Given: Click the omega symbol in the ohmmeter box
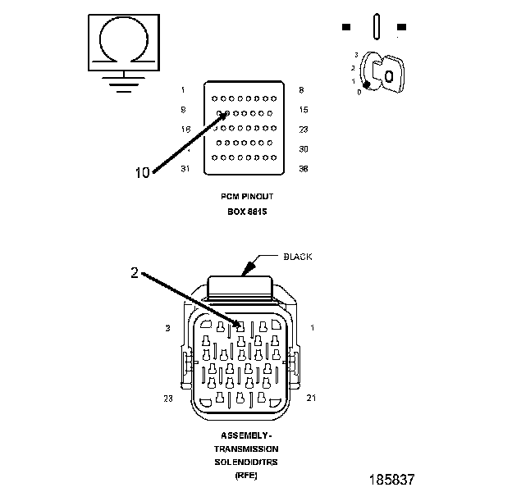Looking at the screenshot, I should tap(122, 41).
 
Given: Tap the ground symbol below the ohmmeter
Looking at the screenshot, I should tap(123, 82).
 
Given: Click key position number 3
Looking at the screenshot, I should tap(356, 54).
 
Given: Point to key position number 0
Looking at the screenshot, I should tap(359, 92).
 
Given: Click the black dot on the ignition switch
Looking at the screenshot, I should tap(368, 84).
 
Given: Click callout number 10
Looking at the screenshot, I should tap(143, 172).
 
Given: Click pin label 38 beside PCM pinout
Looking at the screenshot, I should tap(303, 169).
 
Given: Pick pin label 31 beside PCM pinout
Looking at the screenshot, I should tap(185, 169).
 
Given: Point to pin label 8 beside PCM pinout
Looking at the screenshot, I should tap(302, 89).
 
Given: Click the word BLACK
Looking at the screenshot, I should tap(298, 257).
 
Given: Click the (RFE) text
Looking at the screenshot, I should tap(246, 476).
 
